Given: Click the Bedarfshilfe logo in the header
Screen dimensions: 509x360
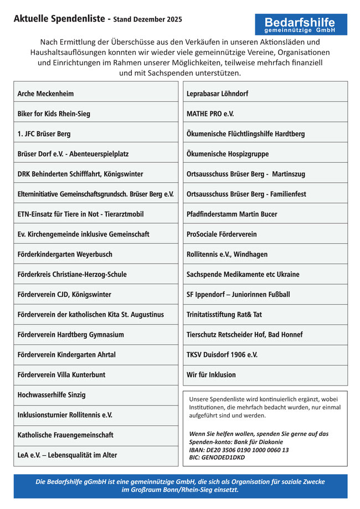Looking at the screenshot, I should coord(301,24).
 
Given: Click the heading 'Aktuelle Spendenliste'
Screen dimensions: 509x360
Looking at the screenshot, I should coord(61,19).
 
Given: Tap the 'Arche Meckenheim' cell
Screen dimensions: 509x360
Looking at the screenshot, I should coord(45,94).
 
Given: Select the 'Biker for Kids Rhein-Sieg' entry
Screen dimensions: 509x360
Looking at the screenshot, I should coord(54,114).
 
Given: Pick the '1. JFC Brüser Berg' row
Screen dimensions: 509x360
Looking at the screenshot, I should coord(44,134).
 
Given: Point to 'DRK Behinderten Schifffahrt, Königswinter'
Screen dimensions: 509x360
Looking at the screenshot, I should coord(80,174).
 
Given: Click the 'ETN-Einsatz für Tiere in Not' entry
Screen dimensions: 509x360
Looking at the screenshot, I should coord(81,214).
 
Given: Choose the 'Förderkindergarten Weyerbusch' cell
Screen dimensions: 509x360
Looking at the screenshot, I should coord(65,254).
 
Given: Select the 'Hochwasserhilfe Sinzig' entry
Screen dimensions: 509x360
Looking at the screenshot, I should coord(52,395).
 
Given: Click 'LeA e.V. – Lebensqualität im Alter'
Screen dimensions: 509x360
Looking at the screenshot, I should coord(68,455).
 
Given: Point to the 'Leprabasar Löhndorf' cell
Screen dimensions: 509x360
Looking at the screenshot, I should coord(218,94).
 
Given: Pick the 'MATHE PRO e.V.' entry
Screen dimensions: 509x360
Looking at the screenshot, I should coord(210,114).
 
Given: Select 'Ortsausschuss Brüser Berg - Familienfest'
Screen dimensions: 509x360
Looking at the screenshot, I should coord(246,194).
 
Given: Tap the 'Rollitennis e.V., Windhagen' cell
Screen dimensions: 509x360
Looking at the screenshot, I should coord(227,254).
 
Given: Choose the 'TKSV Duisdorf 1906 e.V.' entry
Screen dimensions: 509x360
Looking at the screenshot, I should coord(222,354).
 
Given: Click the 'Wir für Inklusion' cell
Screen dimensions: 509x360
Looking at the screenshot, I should coord(211,375).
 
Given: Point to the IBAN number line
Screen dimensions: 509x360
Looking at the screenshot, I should coord(239,450).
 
